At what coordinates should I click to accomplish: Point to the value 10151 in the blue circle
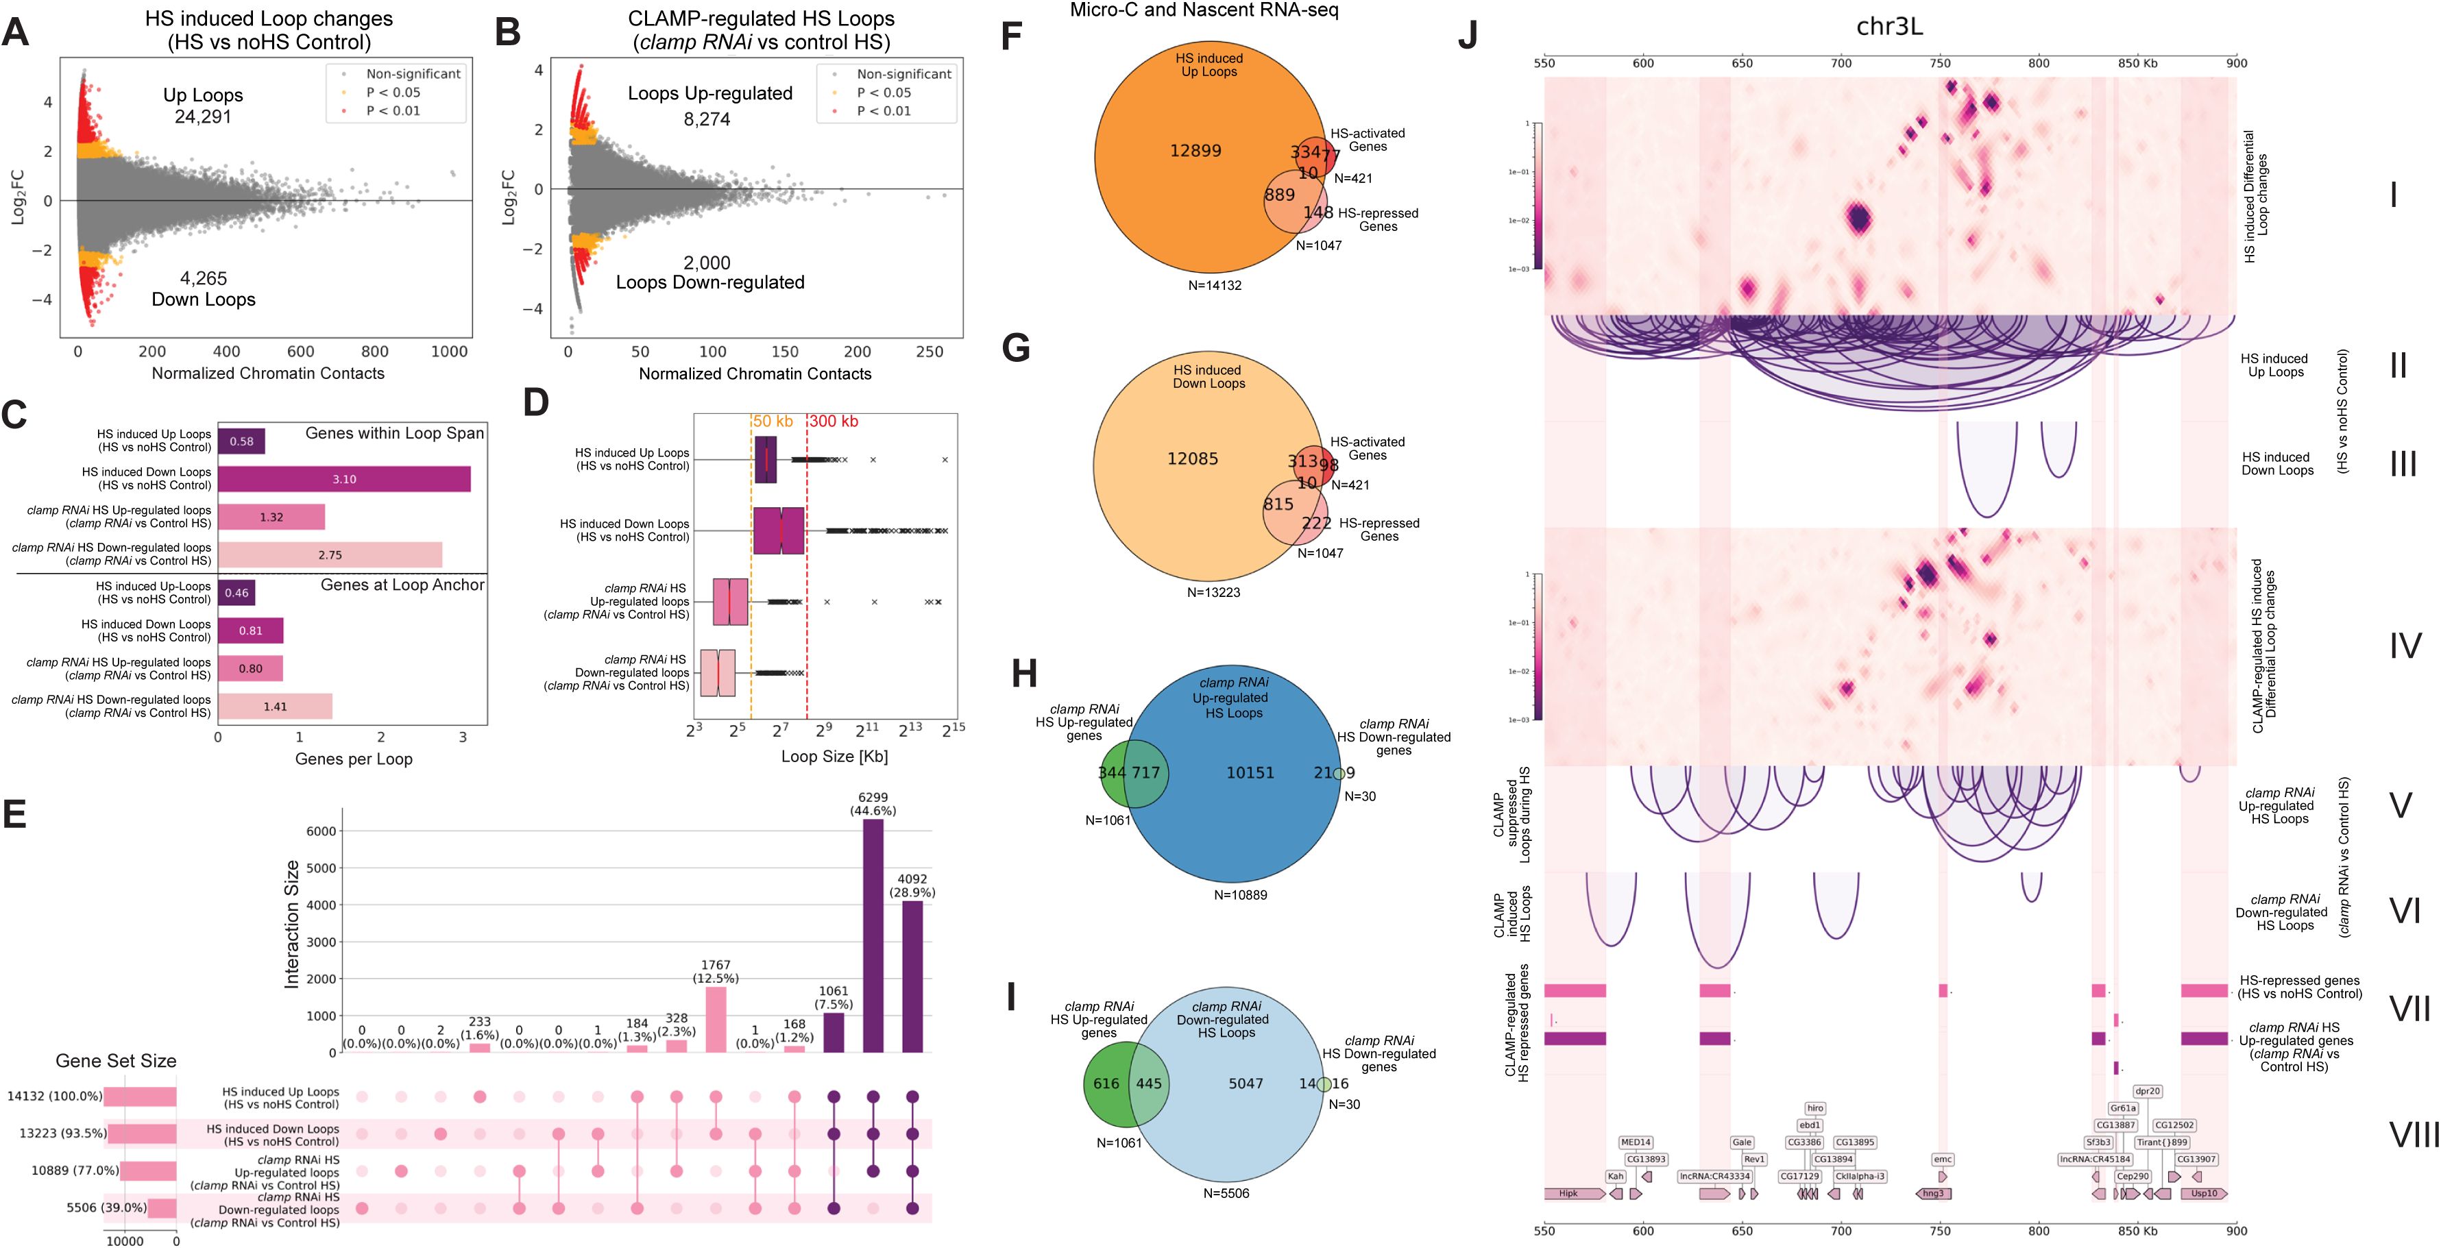click(x=1250, y=773)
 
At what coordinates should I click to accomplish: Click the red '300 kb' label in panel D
click(x=834, y=421)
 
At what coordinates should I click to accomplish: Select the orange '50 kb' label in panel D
click(x=773, y=421)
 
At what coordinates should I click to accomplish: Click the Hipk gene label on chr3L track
click(x=1568, y=1194)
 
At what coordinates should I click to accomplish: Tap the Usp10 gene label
click(x=2204, y=1194)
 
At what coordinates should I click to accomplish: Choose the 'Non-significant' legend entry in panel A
click(x=413, y=74)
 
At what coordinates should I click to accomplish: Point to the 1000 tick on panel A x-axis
click(x=449, y=352)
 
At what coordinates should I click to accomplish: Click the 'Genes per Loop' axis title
click(x=354, y=759)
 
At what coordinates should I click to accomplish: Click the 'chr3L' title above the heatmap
click(x=1889, y=27)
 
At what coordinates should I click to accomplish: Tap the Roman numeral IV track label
click(x=2404, y=646)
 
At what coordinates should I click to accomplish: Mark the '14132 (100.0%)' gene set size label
click(x=54, y=1097)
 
